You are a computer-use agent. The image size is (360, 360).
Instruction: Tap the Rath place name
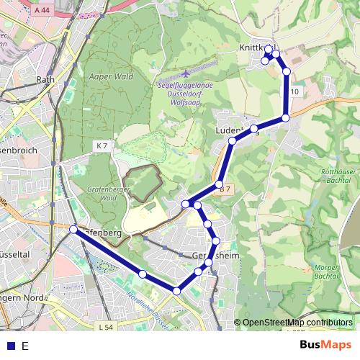[x=45, y=79]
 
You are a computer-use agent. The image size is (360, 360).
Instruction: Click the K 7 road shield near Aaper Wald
[x=102, y=145]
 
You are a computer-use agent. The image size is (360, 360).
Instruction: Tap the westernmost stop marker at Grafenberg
[x=73, y=229]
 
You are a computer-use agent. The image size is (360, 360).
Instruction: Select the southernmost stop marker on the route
[x=176, y=290]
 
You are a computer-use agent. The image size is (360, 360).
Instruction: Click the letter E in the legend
[x=25, y=346]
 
